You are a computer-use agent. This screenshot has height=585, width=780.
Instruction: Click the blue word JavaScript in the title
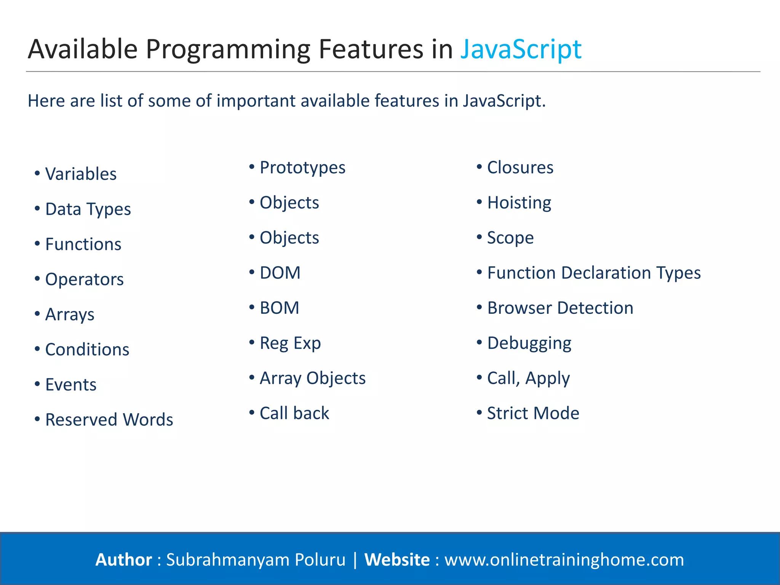521,50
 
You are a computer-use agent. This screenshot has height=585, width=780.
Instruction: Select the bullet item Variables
81,174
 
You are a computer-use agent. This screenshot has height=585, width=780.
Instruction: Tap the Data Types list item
88,209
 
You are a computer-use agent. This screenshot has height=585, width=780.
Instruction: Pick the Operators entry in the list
84,280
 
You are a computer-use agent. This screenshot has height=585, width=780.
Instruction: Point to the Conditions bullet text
87,350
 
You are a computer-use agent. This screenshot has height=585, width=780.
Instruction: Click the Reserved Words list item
109,420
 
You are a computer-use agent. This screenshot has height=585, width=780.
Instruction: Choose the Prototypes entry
302,168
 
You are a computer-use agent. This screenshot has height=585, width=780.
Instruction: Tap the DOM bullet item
280,273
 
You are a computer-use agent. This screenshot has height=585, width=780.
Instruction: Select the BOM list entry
279,308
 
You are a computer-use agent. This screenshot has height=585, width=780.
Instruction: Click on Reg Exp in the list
290,343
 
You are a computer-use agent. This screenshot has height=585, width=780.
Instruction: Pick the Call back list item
294,413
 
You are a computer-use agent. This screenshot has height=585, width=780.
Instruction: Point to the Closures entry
520,168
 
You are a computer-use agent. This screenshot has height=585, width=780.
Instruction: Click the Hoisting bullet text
519,203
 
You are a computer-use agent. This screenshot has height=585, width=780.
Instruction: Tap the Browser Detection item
560,308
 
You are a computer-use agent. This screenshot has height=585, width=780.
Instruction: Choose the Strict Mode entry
533,413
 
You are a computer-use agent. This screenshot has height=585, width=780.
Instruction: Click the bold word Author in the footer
123,560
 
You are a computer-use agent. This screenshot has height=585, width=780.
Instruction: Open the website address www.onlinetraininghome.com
564,560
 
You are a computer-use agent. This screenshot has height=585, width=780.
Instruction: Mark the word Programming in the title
227,50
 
